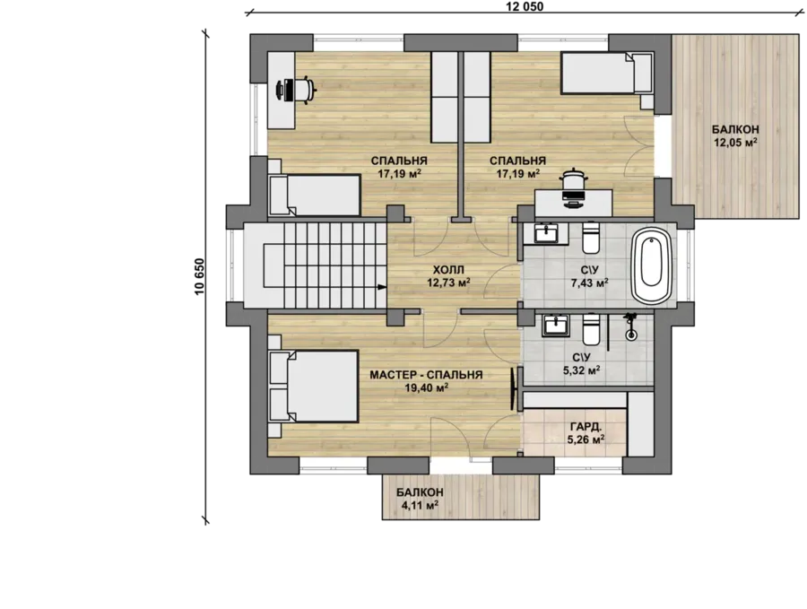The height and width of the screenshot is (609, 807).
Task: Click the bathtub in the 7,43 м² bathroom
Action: pos(652,266)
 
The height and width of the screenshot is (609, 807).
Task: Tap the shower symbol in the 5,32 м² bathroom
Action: pos(630,326)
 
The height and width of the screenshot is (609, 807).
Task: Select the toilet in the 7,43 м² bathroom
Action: pos(591,239)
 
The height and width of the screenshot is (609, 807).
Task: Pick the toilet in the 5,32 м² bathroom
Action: pos(591,330)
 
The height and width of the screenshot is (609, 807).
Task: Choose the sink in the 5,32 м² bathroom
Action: pos(555,326)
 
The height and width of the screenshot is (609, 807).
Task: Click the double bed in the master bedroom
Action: pos(314,386)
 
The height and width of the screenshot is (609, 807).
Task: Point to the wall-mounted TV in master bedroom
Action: pos(513,389)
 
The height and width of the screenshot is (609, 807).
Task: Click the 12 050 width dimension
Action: pos(524,6)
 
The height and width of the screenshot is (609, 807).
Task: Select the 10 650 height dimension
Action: pos(200,276)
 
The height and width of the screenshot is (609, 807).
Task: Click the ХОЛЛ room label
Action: pos(448,270)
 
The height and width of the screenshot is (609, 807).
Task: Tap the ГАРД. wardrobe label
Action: pos(586,427)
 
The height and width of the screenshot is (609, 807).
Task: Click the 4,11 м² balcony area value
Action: pos(420,505)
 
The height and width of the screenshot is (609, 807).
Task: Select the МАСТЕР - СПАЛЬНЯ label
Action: pos(426,375)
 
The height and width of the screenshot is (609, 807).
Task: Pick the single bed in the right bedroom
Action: pos(606,74)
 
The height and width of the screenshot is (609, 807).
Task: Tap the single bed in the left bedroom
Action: pos(314,195)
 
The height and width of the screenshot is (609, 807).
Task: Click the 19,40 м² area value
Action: pos(426,387)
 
